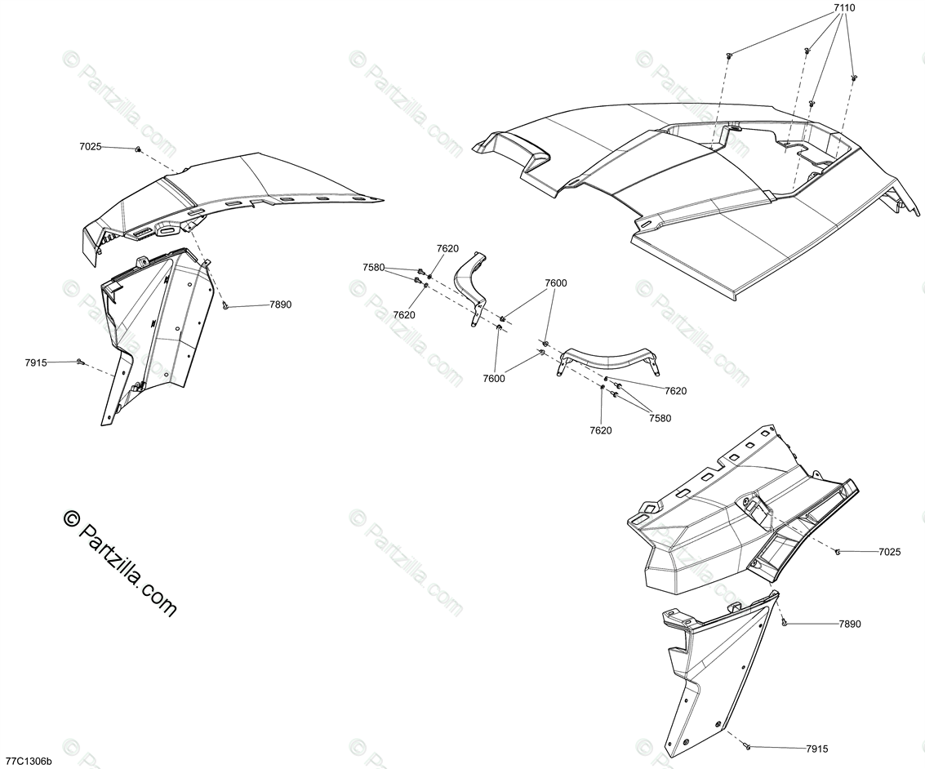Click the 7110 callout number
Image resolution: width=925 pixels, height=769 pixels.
click(x=845, y=8)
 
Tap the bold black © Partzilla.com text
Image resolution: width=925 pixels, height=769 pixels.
click(x=119, y=563)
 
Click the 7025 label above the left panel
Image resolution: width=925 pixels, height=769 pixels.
click(x=91, y=147)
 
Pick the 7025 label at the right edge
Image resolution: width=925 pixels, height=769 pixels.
click(x=890, y=553)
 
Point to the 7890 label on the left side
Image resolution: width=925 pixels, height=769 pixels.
click(x=281, y=304)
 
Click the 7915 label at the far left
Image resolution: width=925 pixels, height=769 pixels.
click(x=36, y=362)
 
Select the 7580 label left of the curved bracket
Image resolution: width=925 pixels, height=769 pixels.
click(x=374, y=267)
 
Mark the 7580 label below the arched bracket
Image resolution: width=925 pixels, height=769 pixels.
click(x=660, y=418)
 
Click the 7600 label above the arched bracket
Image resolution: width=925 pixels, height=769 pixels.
click(x=556, y=283)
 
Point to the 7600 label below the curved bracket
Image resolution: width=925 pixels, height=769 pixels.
click(x=493, y=378)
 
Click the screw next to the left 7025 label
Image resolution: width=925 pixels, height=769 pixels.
click(x=139, y=149)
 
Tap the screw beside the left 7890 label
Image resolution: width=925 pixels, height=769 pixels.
click(x=226, y=306)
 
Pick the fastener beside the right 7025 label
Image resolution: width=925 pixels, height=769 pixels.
click(x=838, y=552)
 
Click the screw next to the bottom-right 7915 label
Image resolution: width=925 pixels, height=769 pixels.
click(x=748, y=746)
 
